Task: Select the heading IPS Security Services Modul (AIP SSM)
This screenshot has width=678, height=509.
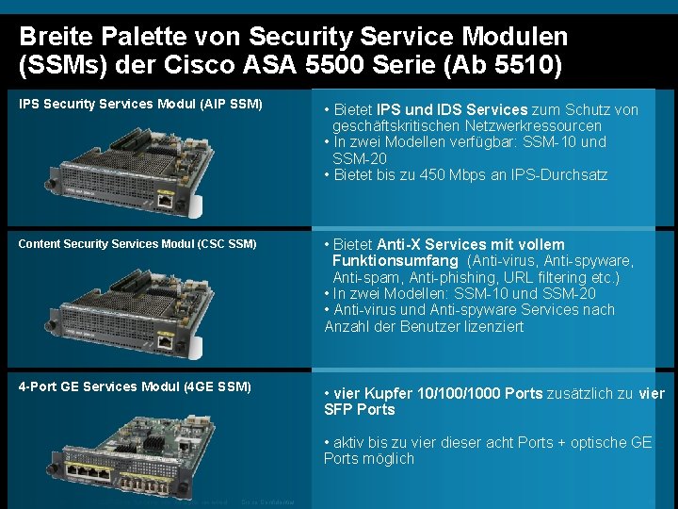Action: point(140,104)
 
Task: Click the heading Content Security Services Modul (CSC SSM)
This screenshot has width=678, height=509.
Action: point(137,244)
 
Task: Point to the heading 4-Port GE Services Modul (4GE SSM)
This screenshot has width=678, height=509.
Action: point(135,386)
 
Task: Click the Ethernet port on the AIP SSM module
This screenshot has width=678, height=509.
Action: point(165,200)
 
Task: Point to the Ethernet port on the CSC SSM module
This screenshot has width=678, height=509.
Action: point(165,342)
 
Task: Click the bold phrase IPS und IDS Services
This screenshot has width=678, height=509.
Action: point(452,109)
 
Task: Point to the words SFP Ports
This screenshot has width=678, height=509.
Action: point(360,410)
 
